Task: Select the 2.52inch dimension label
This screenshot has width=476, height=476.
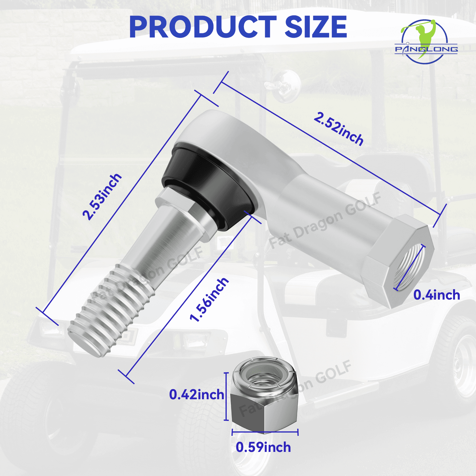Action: pyautogui.click(x=339, y=129)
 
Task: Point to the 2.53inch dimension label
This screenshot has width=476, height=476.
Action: pyautogui.click(x=102, y=197)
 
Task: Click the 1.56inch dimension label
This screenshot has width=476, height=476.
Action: pyautogui.click(x=209, y=300)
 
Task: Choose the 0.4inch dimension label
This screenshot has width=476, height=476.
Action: pyautogui.click(x=436, y=295)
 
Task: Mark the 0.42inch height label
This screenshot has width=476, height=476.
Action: pyautogui.click(x=196, y=395)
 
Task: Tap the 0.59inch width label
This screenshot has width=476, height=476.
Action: pyautogui.click(x=263, y=447)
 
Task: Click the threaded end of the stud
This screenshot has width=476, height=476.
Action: pyautogui.click(x=110, y=312)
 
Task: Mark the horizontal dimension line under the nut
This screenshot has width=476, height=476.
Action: pyautogui.click(x=265, y=432)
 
